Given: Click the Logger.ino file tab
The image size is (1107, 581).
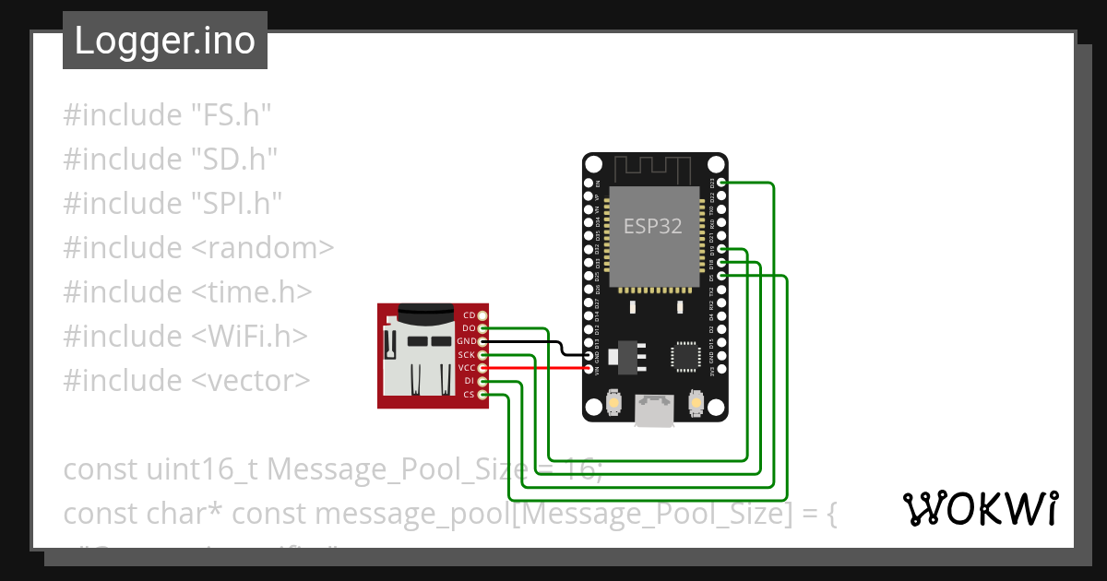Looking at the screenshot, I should [x=165, y=41].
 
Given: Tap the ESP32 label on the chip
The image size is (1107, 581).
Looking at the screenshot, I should [x=653, y=226].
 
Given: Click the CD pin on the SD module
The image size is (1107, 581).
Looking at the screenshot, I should [x=482, y=315].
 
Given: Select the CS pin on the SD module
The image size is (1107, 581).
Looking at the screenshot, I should [x=482, y=395].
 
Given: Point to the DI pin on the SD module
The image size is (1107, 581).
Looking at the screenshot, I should [x=482, y=381].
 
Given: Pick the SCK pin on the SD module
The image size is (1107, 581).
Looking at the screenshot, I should [x=482, y=355].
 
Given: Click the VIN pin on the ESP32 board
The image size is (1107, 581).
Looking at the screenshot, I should [x=588, y=368].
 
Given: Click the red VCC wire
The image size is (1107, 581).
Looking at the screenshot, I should [x=535, y=368].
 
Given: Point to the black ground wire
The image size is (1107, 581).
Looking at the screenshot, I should [x=535, y=342].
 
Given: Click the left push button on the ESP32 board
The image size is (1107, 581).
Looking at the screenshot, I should [x=613, y=403].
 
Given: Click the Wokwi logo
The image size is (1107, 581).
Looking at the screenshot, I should [x=981, y=508].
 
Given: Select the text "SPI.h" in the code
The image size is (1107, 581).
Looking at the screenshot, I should [x=236, y=204].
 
